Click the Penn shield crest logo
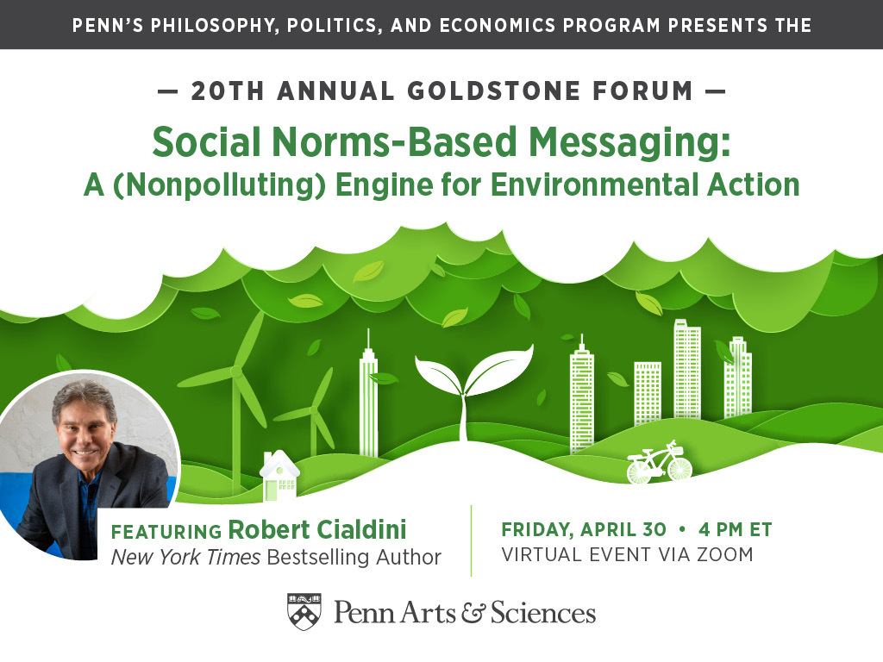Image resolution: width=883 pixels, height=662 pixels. coord(304,611)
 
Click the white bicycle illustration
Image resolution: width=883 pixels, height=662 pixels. coord(659,464)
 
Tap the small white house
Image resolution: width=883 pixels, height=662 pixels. coord(279,477)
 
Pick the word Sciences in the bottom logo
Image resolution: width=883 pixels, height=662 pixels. coord(542,613)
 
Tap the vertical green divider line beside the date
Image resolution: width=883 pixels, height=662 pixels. coord(472,541)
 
